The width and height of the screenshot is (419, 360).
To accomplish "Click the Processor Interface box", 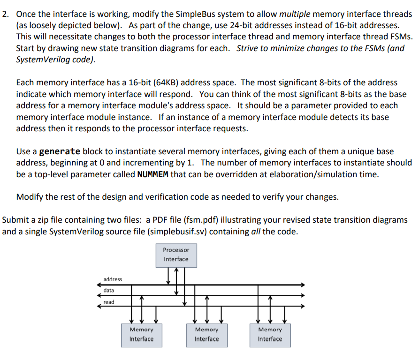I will pyautogui.click(x=176, y=255).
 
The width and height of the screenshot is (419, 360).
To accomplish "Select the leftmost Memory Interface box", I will pyautogui.click(x=141, y=334).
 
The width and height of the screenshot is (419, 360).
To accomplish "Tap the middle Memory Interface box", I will pyautogui.click(x=206, y=334).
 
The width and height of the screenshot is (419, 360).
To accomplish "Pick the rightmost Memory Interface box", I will pyautogui.click(x=270, y=334).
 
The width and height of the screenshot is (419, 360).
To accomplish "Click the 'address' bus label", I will pyautogui.click(x=113, y=279).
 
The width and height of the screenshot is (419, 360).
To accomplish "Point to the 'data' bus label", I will pyautogui.click(x=109, y=291).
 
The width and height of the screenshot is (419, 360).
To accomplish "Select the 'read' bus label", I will pyautogui.click(x=109, y=302).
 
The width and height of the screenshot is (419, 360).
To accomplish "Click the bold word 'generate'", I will pyautogui.click(x=60, y=151).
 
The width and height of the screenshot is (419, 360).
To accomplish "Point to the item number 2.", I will pyautogui.click(x=6, y=14).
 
